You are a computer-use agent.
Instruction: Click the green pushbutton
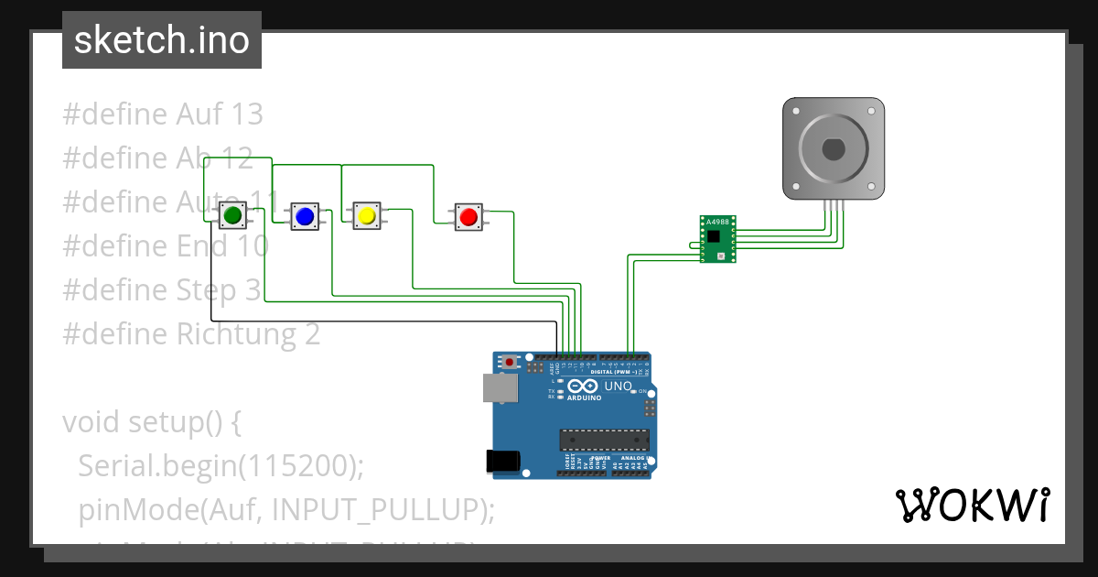pyautogui.click(x=231, y=216)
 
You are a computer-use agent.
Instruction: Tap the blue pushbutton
pyautogui.click(x=305, y=216)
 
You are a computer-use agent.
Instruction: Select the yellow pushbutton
pyautogui.click(x=366, y=216)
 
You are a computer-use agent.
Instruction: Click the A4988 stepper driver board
pyautogui.click(x=717, y=240)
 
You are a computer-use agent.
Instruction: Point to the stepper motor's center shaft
pyautogui.click(x=833, y=147)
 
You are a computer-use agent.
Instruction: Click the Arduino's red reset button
pyautogui.click(x=509, y=363)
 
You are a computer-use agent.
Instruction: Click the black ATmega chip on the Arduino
pyautogui.click(x=604, y=440)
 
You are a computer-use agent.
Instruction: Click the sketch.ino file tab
pyautogui.click(x=162, y=40)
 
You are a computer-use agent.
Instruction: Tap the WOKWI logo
pyautogui.click(x=972, y=505)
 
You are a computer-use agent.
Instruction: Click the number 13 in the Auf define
pyautogui.click(x=247, y=114)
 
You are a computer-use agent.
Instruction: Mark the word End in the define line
pyautogui.click(x=199, y=246)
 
